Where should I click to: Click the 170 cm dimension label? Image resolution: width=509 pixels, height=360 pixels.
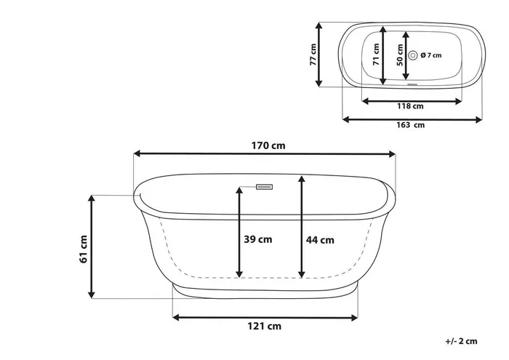(268, 145)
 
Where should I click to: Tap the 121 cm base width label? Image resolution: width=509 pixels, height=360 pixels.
(264, 326)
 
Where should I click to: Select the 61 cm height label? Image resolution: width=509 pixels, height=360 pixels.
(83, 249)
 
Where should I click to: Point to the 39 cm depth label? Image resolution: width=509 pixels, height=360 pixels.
(257, 239)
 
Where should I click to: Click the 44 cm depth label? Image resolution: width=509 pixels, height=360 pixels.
(320, 240)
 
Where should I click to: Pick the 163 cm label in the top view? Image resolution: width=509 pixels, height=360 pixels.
(410, 124)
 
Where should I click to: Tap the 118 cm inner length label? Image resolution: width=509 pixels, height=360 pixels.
(410, 106)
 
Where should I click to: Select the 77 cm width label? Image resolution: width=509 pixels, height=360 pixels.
(313, 55)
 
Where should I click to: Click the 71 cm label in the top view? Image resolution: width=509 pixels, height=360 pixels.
(376, 55)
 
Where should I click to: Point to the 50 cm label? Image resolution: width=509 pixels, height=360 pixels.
(400, 55)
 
